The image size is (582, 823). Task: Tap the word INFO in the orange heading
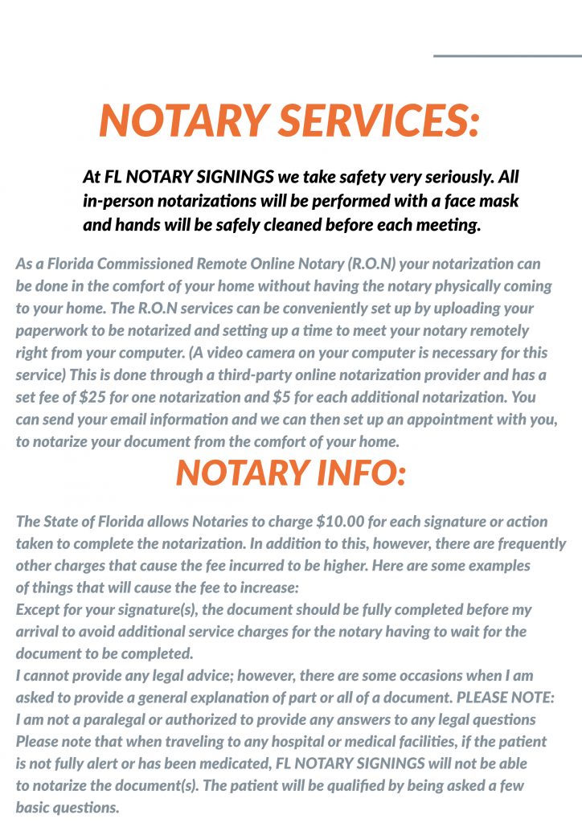pyautogui.click(x=350, y=472)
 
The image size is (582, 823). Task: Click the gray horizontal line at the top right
pyautogui.click(x=506, y=56)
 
